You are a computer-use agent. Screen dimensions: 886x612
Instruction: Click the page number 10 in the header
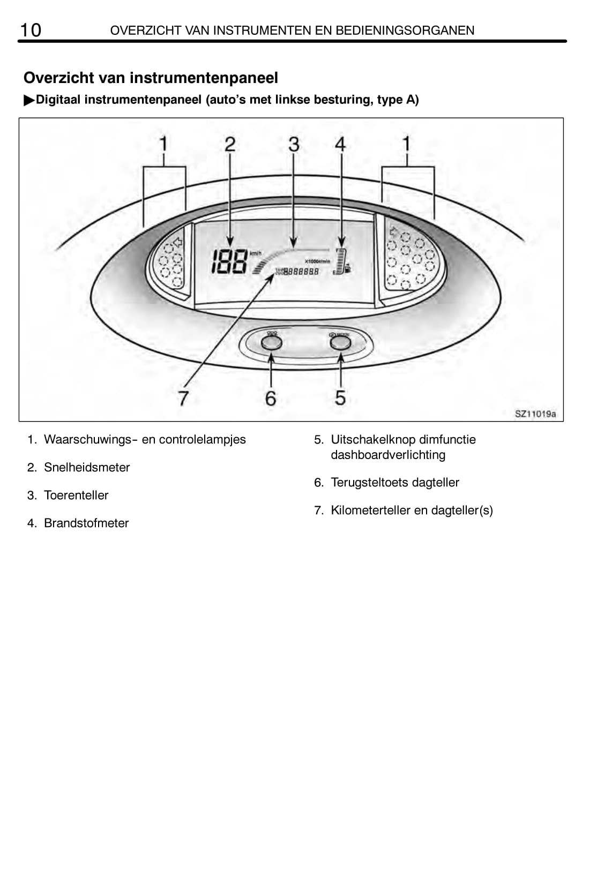pos(31,30)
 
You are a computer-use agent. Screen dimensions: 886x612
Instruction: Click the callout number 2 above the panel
pos(230,144)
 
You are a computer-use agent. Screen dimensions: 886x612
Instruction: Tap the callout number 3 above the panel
pos(294,144)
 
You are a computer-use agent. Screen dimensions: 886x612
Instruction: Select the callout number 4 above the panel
pos(340,144)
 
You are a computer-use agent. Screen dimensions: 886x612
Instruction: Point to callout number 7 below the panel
pos(183,398)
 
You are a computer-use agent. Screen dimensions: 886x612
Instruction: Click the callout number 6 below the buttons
pos(271,398)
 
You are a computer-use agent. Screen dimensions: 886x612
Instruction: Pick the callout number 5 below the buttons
pos(340,398)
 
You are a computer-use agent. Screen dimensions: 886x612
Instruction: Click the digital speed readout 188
pos(229,262)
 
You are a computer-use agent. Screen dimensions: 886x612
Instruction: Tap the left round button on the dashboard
pos(271,342)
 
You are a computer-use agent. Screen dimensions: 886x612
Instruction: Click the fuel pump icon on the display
pos(348,268)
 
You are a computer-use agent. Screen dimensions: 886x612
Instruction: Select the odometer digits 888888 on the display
pos(301,272)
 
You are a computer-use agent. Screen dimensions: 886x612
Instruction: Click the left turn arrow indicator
pos(177,243)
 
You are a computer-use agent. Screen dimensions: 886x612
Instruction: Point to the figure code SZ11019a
pos(535,414)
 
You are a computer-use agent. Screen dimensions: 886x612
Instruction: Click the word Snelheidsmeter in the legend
pos(87,467)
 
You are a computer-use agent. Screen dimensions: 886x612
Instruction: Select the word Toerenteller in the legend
pos(76,495)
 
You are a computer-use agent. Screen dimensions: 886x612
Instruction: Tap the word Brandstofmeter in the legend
pos(86,523)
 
